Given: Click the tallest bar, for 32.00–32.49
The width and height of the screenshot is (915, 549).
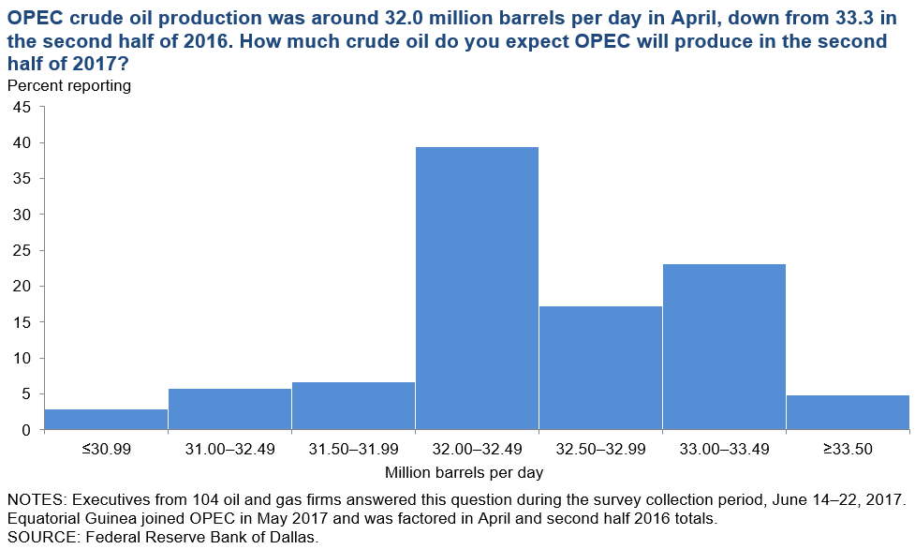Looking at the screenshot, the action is click(x=478, y=289).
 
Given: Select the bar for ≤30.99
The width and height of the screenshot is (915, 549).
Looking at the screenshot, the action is click(x=106, y=420).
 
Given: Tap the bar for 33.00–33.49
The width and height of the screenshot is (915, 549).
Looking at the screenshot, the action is click(x=724, y=348).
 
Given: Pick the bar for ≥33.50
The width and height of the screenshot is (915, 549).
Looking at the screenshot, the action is click(x=848, y=413).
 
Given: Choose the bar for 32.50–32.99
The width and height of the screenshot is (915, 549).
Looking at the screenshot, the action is click(x=600, y=368).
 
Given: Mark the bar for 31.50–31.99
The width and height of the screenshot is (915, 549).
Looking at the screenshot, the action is click(x=354, y=407).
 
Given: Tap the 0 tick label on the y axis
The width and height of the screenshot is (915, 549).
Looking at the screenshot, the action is click(x=25, y=430).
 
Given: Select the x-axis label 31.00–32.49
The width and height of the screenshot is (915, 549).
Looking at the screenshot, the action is click(x=229, y=449).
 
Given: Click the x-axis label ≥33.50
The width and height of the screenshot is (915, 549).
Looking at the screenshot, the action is click(x=848, y=449).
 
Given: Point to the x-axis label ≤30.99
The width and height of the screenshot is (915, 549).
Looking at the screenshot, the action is click(x=106, y=449).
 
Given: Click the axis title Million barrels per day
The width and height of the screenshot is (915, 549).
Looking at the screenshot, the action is click(x=464, y=472).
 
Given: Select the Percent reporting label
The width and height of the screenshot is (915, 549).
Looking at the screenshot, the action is click(x=69, y=85).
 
